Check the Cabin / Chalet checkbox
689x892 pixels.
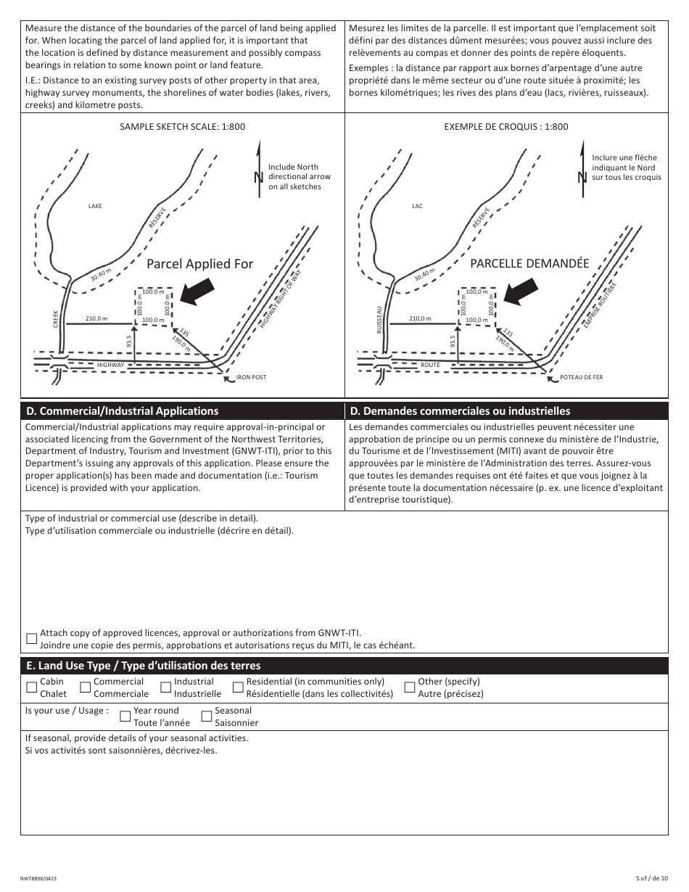[x=31, y=687]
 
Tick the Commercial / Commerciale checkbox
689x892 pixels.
[x=86, y=687]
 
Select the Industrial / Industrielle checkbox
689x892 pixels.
[x=166, y=687]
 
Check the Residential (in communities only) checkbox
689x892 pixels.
[x=238, y=687]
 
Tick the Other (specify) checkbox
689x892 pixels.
[x=410, y=687]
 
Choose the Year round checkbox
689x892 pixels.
[x=125, y=717]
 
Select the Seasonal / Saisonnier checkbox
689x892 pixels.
[x=207, y=717]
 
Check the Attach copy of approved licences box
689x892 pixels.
[x=31, y=639]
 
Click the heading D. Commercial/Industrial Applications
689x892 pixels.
[x=122, y=411]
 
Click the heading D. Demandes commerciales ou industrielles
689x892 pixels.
[x=460, y=411]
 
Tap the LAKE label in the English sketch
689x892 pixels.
[x=95, y=207]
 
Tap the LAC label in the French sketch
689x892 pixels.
[x=417, y=207]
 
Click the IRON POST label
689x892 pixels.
[x=251, y=377]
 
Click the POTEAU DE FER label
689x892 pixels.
[x=581, y=377]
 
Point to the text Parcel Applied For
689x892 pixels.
[x=200, y=264]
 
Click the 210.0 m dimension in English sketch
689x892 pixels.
[x=96, y=318]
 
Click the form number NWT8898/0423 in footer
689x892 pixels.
[x=39, y=878]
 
